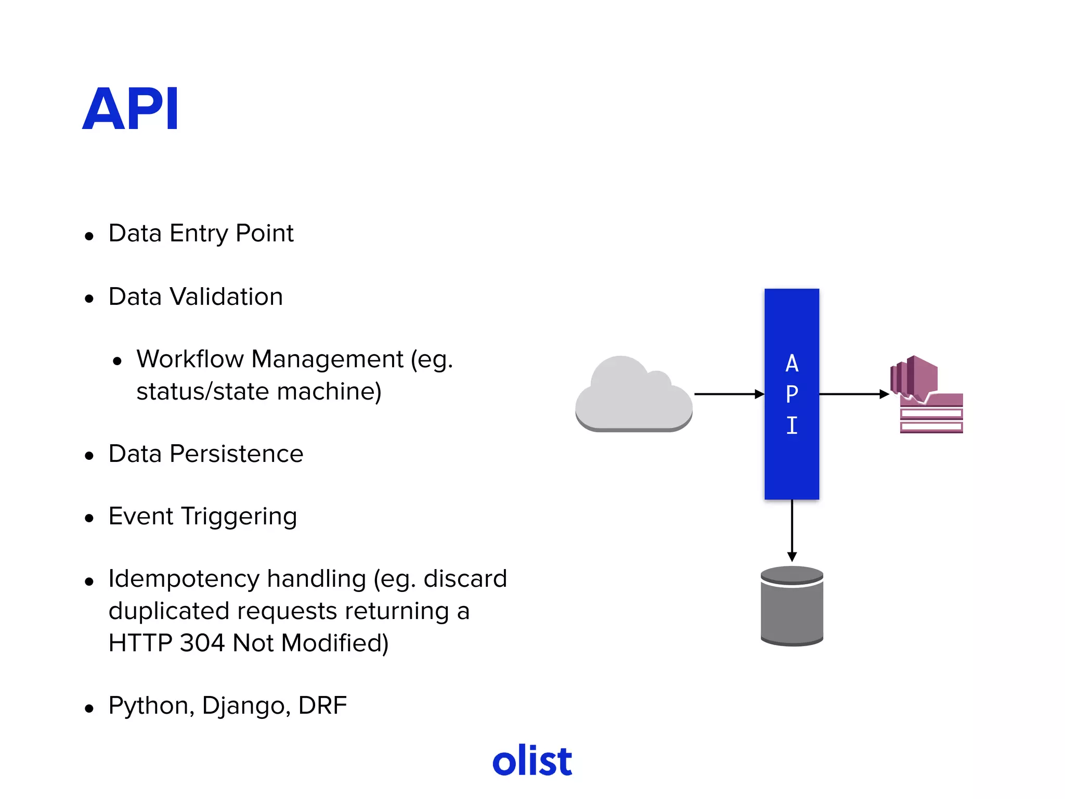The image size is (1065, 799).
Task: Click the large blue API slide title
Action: pos(131,109)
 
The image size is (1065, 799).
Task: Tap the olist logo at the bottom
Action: pos(532,761)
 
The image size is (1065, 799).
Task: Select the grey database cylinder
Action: pos(791,607)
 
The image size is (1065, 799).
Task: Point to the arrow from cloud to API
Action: pos(728,394)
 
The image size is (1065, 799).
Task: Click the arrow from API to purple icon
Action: pos(853,394)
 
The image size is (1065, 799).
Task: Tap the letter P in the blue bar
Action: pos(791,394)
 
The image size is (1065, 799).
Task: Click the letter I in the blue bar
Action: pos(791,426)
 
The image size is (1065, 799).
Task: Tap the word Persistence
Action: pos(237,454)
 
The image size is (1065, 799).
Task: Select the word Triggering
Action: pos(239,517)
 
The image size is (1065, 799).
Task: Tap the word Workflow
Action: pos(190,359)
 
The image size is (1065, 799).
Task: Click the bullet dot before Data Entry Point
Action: pos(89,236)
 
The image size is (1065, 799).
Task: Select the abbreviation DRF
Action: pos(322,706)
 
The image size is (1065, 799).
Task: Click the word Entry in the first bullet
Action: pos(199,234)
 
